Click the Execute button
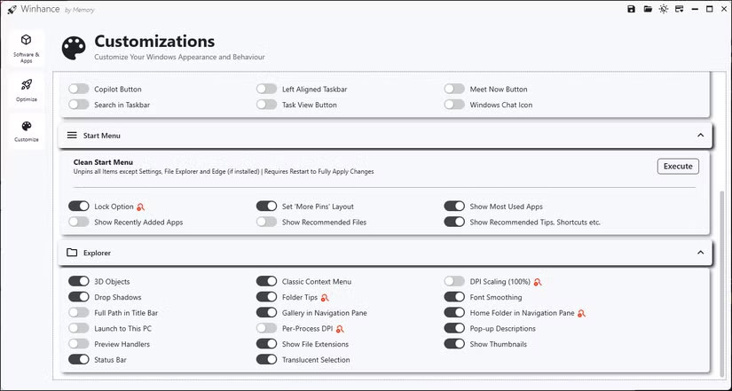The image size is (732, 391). pos(678,166)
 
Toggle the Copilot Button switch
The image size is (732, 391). pos(79,89)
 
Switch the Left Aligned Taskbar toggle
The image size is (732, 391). pos(267,89)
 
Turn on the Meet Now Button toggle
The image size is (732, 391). pos(455,89)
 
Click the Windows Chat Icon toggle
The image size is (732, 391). pos(455,105)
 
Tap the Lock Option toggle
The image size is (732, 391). pos(79,207)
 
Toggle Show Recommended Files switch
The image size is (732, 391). pos(267,222)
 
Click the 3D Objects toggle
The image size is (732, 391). pos(79,282)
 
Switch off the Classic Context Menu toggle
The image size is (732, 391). pos(267,282)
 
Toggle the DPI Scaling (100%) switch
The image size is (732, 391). pos(455,282)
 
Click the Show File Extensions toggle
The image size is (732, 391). pos(267,344)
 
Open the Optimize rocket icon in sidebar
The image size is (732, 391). pos(27,85)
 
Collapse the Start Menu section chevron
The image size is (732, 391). pos(700,136)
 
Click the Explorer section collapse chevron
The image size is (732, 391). pos(700,253)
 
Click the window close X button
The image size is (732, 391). pos(723,9)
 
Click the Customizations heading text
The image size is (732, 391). pos(154,41)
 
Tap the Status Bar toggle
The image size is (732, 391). pos(79,359)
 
